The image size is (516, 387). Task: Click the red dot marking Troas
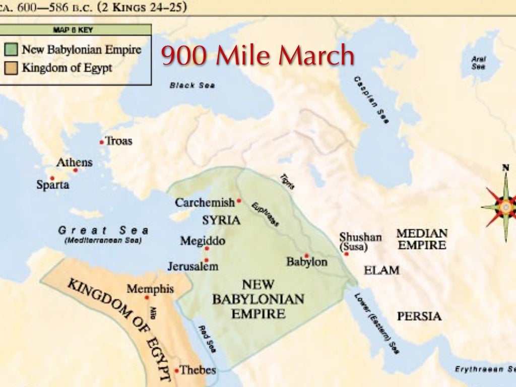[102, 142]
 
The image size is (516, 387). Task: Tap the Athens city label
[75, 162]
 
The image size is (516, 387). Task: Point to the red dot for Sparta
[52, 178]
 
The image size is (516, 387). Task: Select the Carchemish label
[205, 203]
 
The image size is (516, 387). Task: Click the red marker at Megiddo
[207, 248]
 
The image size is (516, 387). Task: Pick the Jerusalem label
[193, 266]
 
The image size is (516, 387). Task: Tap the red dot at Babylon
[306, 255]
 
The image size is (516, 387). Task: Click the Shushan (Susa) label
[360, 242]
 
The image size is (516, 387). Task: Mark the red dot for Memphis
[147, 297]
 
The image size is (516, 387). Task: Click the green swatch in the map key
[12, 50]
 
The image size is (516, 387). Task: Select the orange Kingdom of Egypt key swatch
[12, 68]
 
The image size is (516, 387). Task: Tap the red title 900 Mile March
[257, 56]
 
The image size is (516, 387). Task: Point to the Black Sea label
[192, 85]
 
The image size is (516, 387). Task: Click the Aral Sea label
[478, 62]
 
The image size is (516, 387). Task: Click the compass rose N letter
[505, 167]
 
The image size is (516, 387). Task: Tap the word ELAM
[381, 270]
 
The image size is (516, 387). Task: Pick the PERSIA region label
[419, 316]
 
